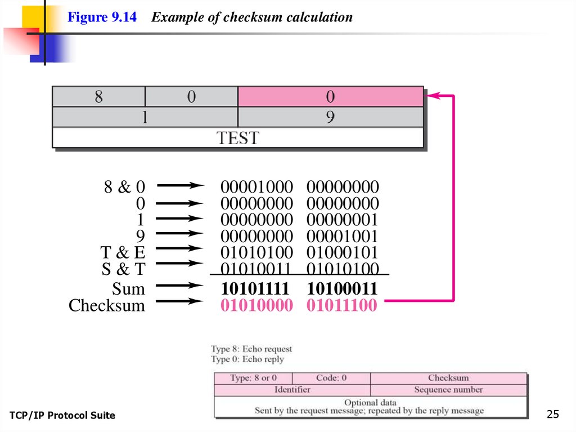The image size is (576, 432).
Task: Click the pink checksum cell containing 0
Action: pyautogui.click(x=330, y=97)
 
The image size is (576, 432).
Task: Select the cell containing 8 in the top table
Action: pyautogui.click(x=98, y=97)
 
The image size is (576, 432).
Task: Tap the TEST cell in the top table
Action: pyautogui.click(x=237, y=138)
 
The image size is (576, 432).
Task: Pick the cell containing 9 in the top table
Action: pyautogui.click(x=330, y=117)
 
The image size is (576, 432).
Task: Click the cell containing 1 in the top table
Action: pyautogui.click(x=145, y=117)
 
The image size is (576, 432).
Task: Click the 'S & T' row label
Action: pyautogui.click(x=123, y=269)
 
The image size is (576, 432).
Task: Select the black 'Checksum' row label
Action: pyautogui.click(x=106, y=306)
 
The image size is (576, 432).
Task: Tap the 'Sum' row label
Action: pyautogui.click(x=128, y=290)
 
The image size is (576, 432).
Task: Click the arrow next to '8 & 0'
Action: pyautogui.click(x=179, y=185)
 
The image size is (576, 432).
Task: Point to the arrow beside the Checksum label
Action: pyautogui.click(x=179, y=302)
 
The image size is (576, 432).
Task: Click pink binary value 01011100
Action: pyautogui.click(x=342, y=306)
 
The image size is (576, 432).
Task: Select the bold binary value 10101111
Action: pyautogui.click(x=256, y=290)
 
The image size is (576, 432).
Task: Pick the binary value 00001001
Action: pyautogui.click(x=343, y=236)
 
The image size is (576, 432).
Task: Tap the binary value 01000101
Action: pyautogui.click(x=343, y=252)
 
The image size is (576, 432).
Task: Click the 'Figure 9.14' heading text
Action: pyautogui.click(x=102, y=17)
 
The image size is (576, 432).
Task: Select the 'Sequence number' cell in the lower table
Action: pyautogui.click(x=448, y=390)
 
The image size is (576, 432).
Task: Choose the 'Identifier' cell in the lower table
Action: pyautogui.click(x=292, y=390)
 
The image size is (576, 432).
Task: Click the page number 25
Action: pyautogui.click(x=553, y=415)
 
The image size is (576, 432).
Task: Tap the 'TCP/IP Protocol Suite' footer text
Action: pyautogui.click(x=62, y=416)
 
